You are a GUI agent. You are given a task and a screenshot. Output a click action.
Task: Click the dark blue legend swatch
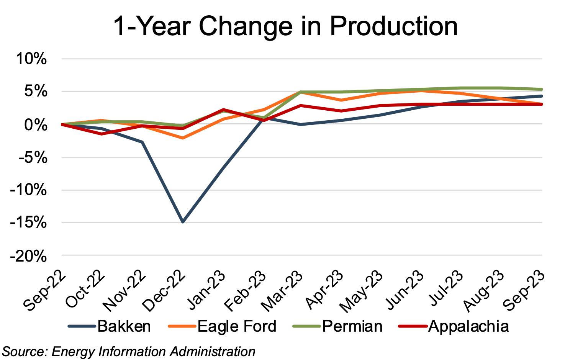82,326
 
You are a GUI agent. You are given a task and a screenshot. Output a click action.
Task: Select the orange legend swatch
182,326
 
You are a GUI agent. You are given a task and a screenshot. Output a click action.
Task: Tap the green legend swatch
306,326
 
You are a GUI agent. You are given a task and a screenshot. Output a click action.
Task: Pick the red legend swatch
413,326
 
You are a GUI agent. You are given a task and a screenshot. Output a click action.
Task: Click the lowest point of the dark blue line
183,222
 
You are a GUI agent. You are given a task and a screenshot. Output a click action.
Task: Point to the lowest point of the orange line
183,138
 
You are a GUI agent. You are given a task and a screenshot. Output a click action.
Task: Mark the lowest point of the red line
102,134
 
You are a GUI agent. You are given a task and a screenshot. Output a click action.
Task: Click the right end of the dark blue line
541,96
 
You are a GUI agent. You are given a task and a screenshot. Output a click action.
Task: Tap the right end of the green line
541,89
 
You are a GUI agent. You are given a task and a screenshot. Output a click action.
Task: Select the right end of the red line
541,104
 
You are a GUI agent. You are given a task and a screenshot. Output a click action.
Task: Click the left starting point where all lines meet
62,124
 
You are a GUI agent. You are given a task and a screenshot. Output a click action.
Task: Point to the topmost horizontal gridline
302,59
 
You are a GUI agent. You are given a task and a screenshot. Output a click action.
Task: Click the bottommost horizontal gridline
302,255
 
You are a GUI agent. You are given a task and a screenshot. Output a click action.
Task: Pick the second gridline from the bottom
302,223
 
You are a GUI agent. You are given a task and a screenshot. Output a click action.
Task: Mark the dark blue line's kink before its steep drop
142,142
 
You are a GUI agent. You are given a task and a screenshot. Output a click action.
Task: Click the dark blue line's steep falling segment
162,182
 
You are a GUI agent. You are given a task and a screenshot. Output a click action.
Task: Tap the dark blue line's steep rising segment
222,169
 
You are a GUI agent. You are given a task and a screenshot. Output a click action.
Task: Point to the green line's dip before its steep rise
264,117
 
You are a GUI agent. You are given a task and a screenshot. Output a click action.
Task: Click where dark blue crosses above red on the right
441,104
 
